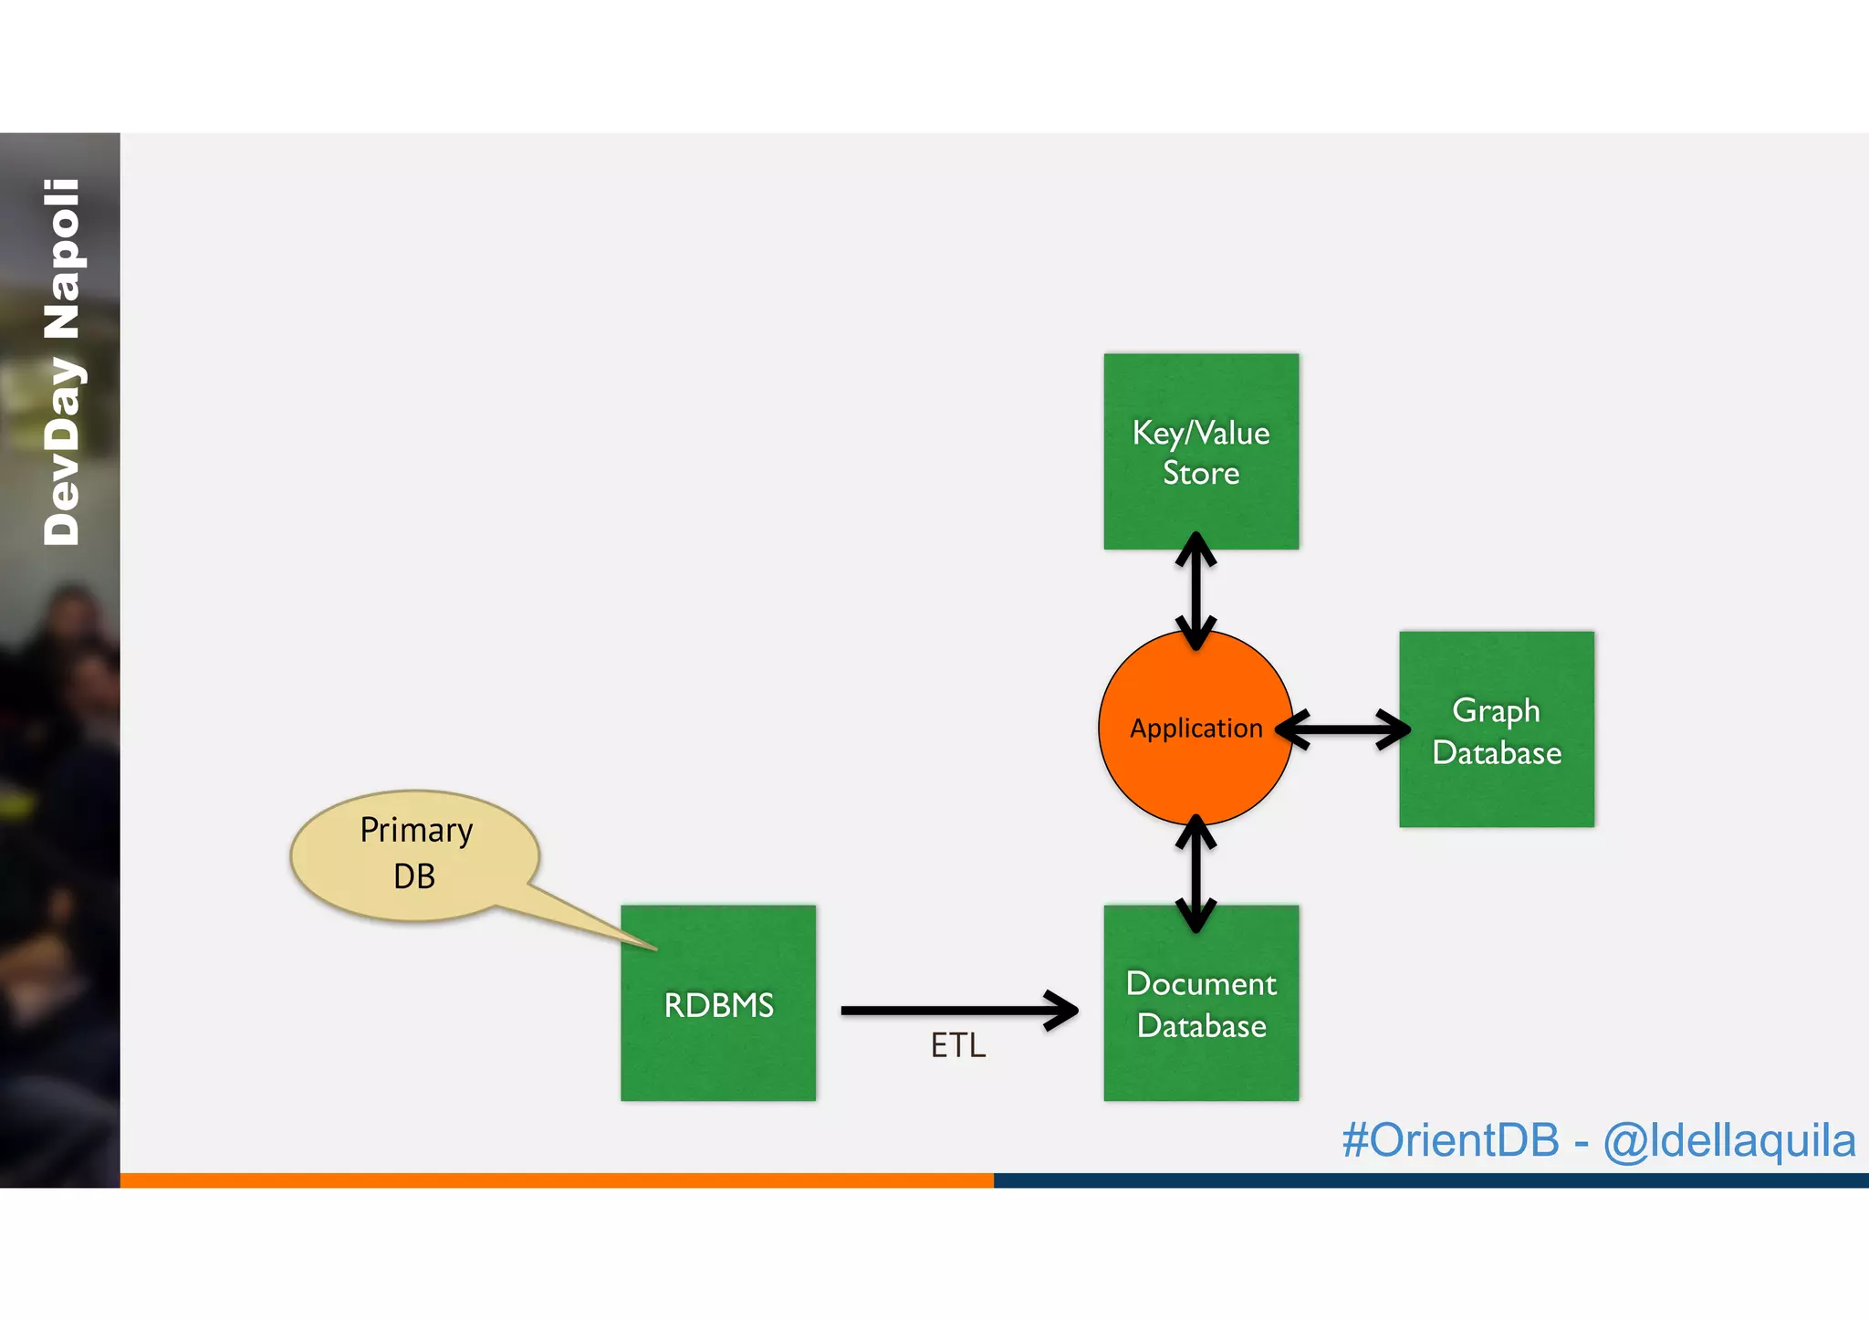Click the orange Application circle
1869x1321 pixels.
click(x=1196, y=767)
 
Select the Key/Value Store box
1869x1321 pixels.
click(x=1201, y=393)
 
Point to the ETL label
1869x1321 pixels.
click(x=958, y=1045)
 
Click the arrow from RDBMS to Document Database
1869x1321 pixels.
click(x=958, y=1010)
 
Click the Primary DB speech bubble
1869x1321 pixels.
click(x=415, y=854)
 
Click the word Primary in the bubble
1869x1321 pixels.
click(x=416, y=831)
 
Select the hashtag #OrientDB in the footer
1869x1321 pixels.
click(x=1450, y=1140)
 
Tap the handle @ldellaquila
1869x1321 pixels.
click(x=1729, y=1140)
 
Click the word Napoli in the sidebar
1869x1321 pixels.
click(x=62, y=259)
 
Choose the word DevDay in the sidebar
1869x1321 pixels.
click(x=62, y=451)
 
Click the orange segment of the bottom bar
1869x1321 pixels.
click(x=557, y=1179)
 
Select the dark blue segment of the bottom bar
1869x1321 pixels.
click(x=1431, y=1179)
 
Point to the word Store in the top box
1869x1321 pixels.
click(x=1201, y=473)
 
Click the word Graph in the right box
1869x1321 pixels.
click(x=1496, y=710)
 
